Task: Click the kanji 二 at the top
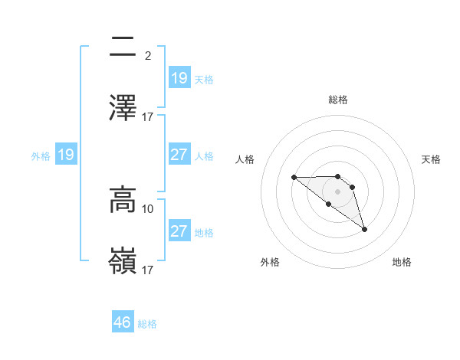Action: [123, 48]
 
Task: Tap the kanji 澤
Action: [123, 108]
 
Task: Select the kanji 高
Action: [123, 201]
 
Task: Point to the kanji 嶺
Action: [123, 260]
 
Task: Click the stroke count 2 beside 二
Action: [147, 56]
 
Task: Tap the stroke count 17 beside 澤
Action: [148, 116]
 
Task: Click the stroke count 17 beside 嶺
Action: [148, 270]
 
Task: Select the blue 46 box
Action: [123, 322]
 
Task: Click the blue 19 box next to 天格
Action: [179, 77]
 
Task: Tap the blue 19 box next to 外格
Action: [66, 155]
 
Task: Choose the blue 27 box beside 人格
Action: [179, 155]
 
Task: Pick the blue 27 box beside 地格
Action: [179, 231]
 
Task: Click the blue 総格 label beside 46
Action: [147, 324]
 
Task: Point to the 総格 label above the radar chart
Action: [337, 100]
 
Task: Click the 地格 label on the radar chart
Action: [402, 262]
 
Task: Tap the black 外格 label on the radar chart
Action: [270, 262]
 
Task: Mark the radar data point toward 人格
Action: [294, 177]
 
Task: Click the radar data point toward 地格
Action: [364, 229]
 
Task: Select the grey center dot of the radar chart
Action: [337, 191]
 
